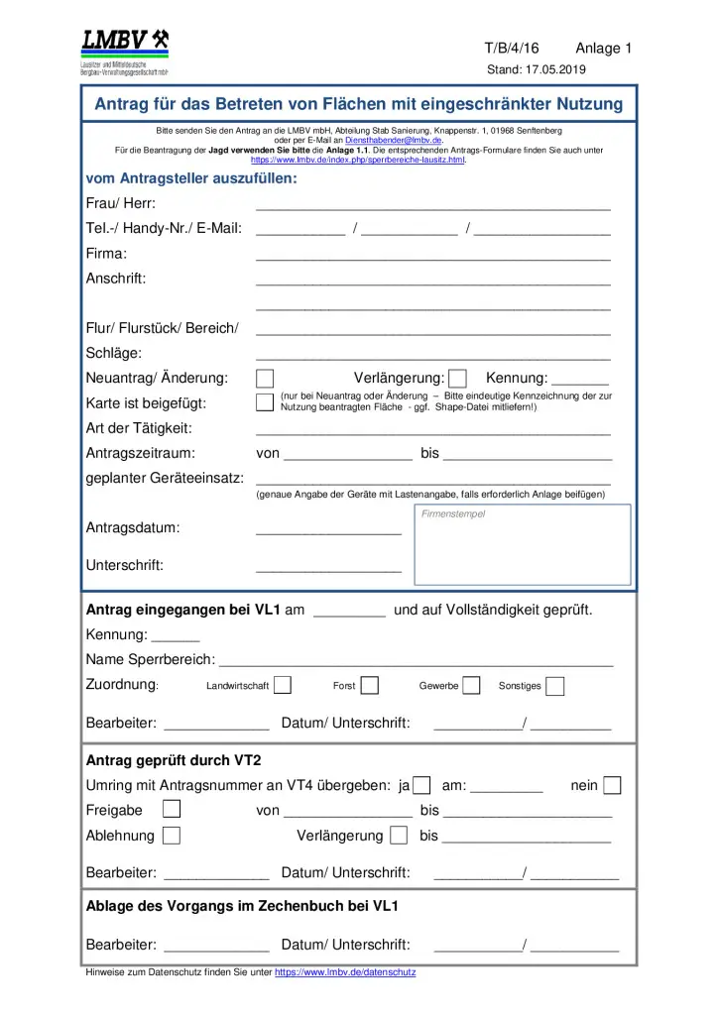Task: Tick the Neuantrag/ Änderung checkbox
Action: [x=265, y=378]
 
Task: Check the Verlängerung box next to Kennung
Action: [x=457, y=378]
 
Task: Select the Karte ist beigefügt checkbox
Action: [x=265, y=402]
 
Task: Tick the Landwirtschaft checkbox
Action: [x=283, y=685]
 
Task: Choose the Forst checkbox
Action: [x=370, y=685]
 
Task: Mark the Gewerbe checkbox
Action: [x=471, y=685]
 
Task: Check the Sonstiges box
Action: [x=555, y=686]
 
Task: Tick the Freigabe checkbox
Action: [x=172, y=810]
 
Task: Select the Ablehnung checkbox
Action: [x=172, y=836]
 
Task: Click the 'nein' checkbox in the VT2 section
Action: [x=612, y=786]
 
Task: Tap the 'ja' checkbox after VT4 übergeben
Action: [x=421, y=786]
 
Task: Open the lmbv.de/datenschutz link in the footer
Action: [x=345, y=972]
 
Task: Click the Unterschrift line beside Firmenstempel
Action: [x=328, y=568]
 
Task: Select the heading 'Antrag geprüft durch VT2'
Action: [x=174, y=761]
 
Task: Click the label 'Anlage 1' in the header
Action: [x=603, y=49]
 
